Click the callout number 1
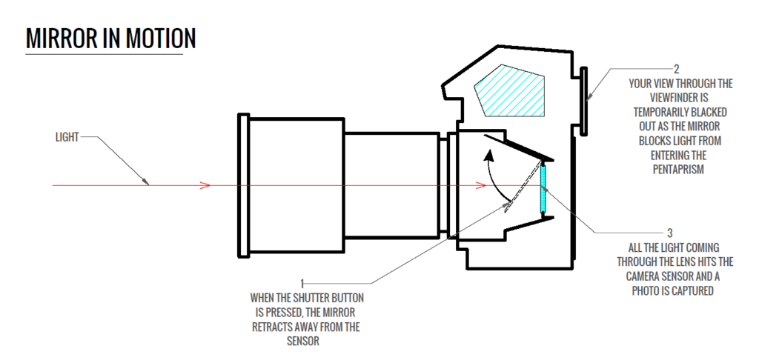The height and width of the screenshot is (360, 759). pyautogui.click(x=302, y=283)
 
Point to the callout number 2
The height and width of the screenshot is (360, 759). pyautogui.click(x=675, y=70)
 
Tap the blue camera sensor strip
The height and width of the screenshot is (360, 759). pyautogui.click(x=545, y=188)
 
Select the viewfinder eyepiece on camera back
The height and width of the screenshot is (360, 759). pyautogui.click(x=584, y=101)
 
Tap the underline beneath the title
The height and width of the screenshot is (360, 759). pyautogui.click(x=103, y=55)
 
